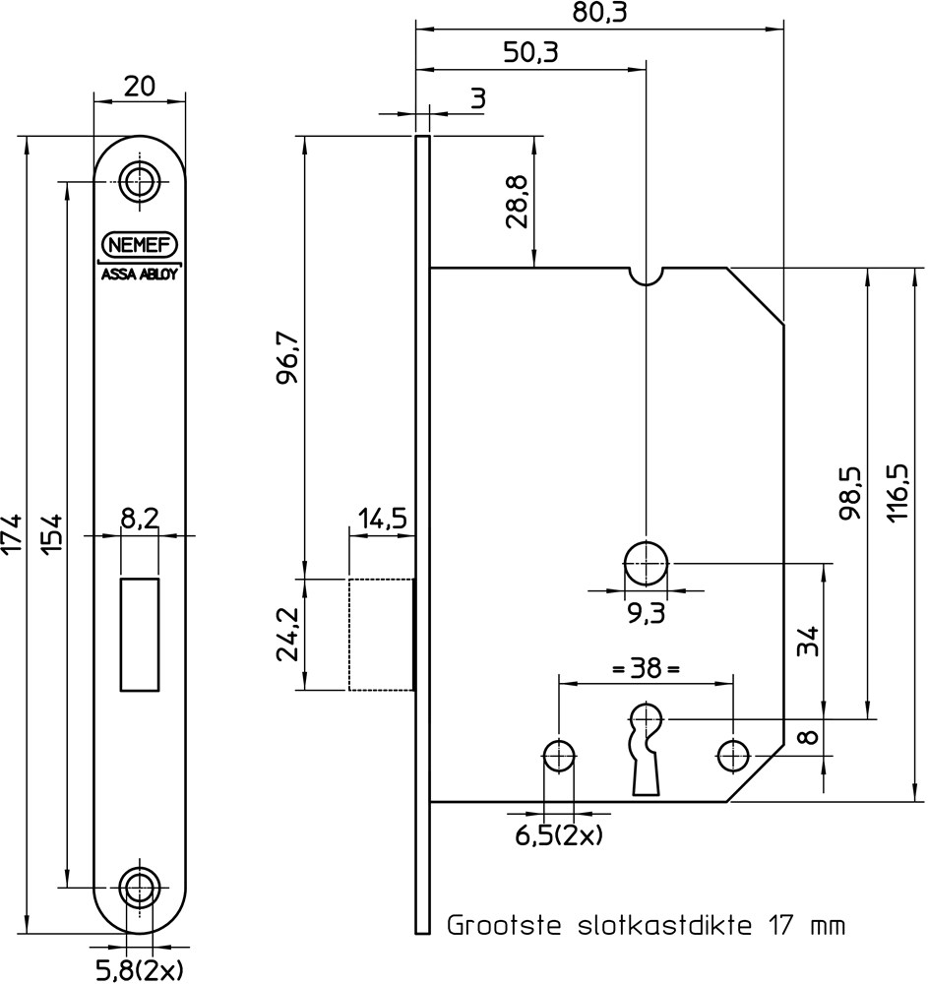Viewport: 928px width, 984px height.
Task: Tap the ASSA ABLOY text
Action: [140, 275]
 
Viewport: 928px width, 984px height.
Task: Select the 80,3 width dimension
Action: [599, 13]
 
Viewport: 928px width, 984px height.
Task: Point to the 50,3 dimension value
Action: [530, 52]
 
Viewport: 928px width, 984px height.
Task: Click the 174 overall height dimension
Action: [13, 533]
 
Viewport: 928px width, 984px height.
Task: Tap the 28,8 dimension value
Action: [519, 203]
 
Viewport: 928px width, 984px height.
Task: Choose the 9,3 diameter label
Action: [646, 615]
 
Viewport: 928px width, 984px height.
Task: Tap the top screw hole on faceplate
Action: [140, 180]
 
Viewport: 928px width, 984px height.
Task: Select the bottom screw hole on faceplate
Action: [140, 887]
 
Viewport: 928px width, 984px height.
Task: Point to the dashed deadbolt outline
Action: [381, 635]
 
